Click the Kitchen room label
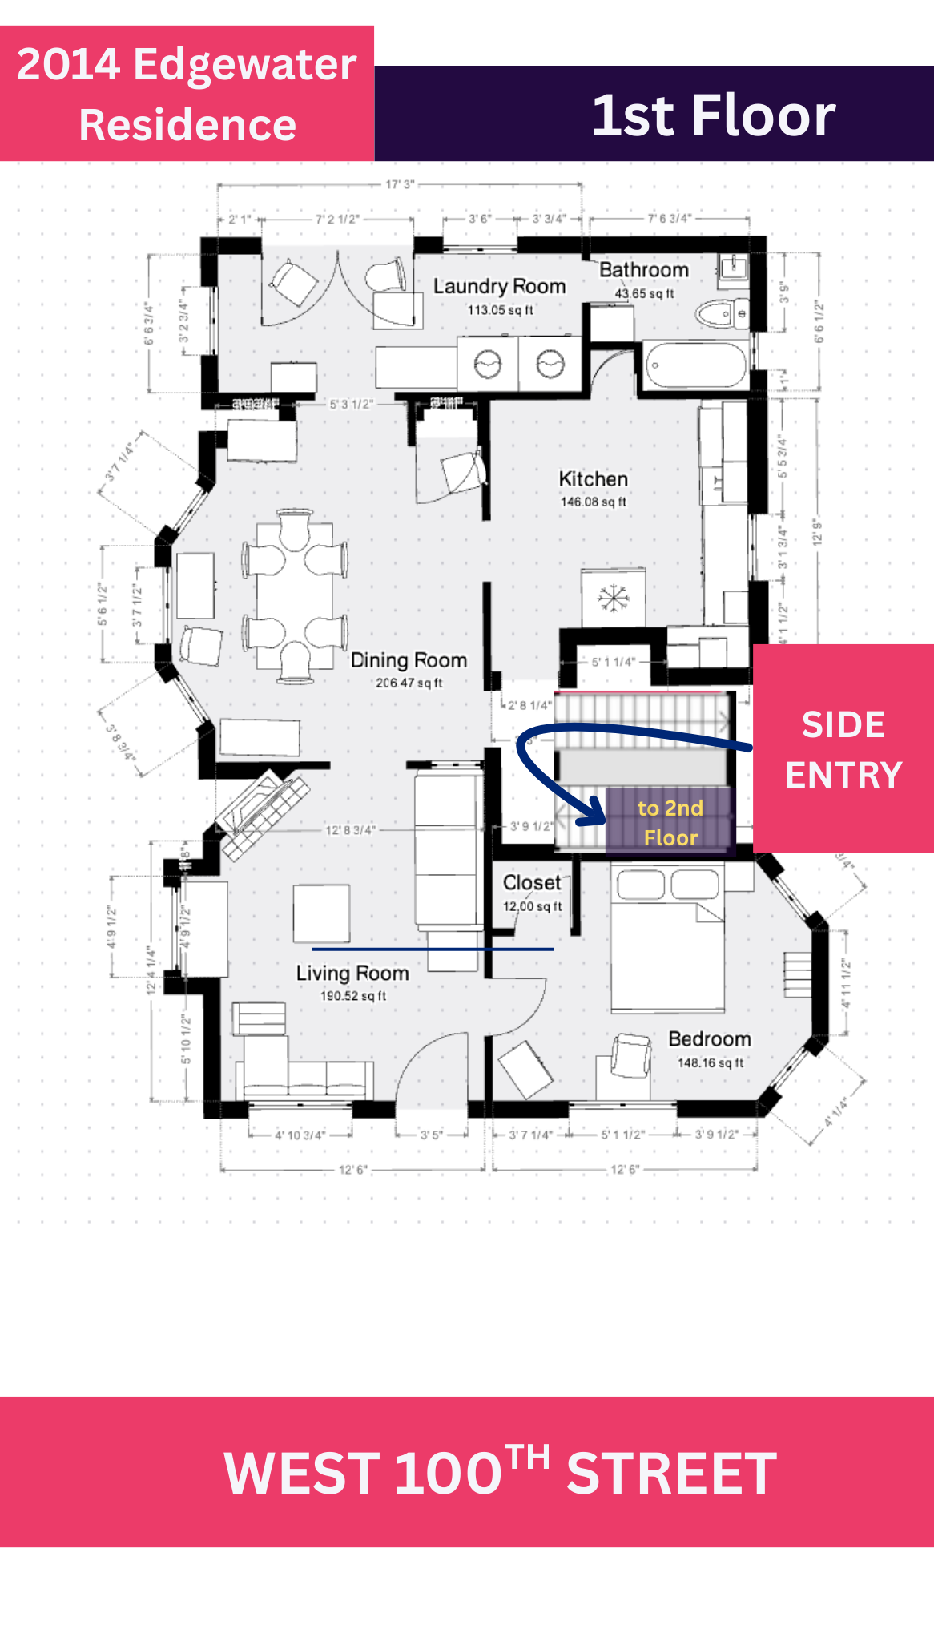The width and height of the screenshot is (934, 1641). [593, 479]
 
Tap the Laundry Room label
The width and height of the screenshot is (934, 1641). [499, 286]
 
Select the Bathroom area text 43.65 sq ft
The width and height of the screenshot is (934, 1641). [644, 294]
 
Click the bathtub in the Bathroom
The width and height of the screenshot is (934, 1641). [695, 365]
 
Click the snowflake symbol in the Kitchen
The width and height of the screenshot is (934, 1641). [613, 598]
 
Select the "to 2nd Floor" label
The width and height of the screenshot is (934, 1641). [670, 823]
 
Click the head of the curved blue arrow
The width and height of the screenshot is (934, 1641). [596, 811]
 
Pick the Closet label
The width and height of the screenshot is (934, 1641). [532, 882]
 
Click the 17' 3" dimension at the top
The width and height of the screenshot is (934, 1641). [400, 185]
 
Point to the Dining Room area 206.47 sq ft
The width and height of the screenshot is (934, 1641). [409, 683]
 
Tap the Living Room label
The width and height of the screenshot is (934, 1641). [352, 973]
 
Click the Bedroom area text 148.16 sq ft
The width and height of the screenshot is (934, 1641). [711, 1063]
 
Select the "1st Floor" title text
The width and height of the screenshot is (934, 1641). [714, 115]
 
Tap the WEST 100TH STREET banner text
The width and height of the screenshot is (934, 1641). [500, 1472]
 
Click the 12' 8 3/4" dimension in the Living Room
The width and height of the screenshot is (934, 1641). [349, 830]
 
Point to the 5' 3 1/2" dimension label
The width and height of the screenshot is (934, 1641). [351, 404]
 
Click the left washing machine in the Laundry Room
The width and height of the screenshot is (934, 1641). [488, 365]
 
